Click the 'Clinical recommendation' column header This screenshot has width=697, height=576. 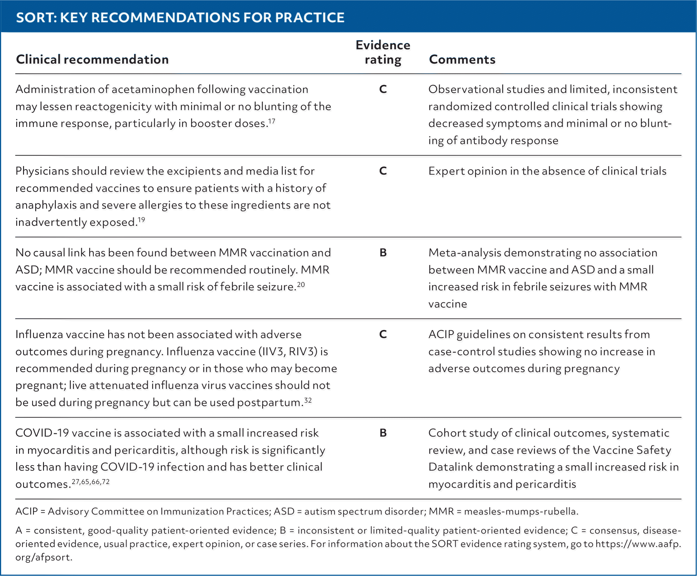92,59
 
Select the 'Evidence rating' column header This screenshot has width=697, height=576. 383,52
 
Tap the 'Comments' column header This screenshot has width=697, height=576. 462,59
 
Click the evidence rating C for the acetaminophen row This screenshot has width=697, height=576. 383,89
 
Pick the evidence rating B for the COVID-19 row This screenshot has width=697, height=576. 383,433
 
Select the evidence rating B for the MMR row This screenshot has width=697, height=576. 383,253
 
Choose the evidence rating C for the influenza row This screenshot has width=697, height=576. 383,334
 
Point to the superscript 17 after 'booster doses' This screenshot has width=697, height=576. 272,121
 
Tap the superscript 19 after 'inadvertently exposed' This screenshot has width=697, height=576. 141,220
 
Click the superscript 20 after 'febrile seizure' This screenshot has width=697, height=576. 301,284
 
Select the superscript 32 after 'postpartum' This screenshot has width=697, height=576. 308,400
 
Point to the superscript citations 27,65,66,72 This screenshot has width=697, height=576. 90,482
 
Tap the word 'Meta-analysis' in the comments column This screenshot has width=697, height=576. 465,253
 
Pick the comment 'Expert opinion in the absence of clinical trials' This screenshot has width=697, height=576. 547,171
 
